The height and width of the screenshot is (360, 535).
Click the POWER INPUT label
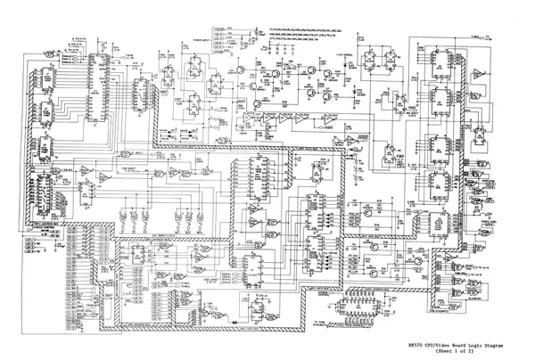pos(202,40)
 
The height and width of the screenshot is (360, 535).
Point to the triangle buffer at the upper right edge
pos(480,70)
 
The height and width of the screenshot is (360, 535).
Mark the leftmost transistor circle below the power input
pos(242,69)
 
